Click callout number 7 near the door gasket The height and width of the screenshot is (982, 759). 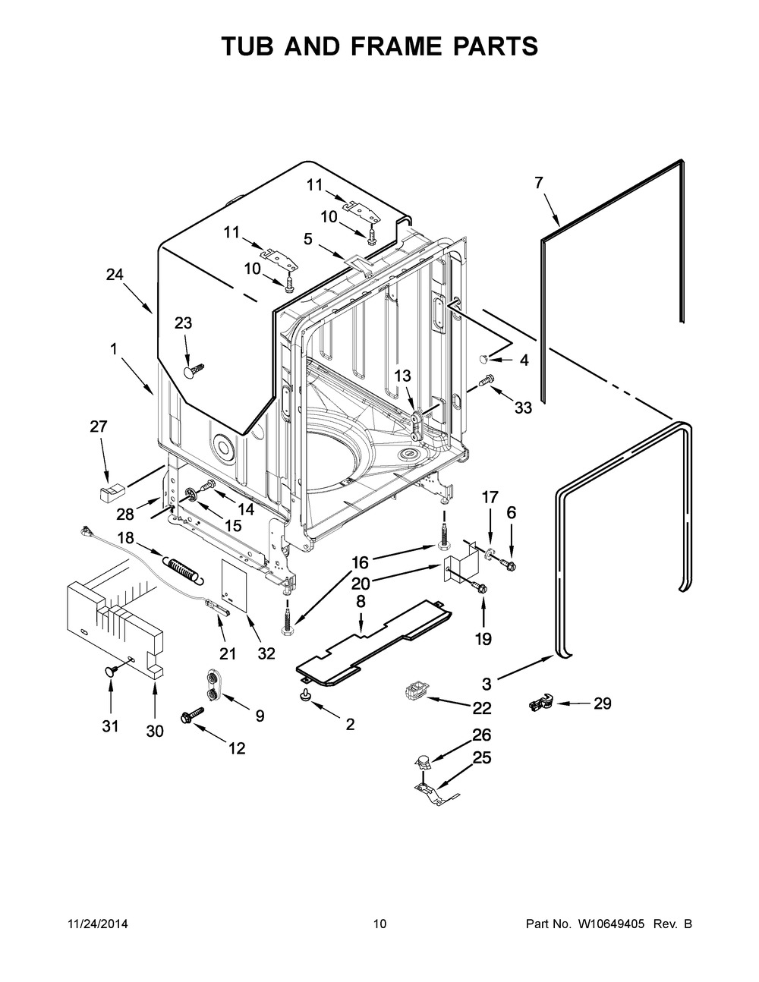(538, 183)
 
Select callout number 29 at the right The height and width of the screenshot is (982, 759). (602, 703)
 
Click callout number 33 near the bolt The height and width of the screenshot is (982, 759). (523, 408)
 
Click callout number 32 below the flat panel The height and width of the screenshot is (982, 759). (265, 653)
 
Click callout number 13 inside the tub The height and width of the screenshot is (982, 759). (402, 376)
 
